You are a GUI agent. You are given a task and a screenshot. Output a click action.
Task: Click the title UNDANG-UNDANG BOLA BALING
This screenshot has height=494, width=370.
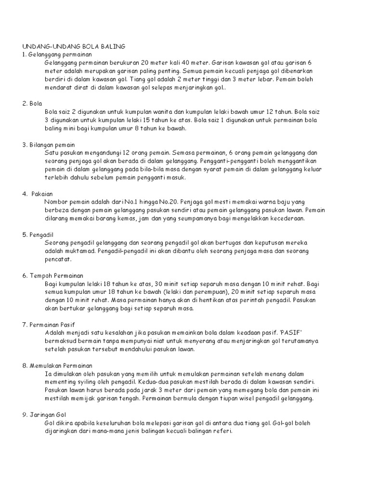74,46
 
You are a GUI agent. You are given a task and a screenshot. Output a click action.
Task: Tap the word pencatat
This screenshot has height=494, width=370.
58,259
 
